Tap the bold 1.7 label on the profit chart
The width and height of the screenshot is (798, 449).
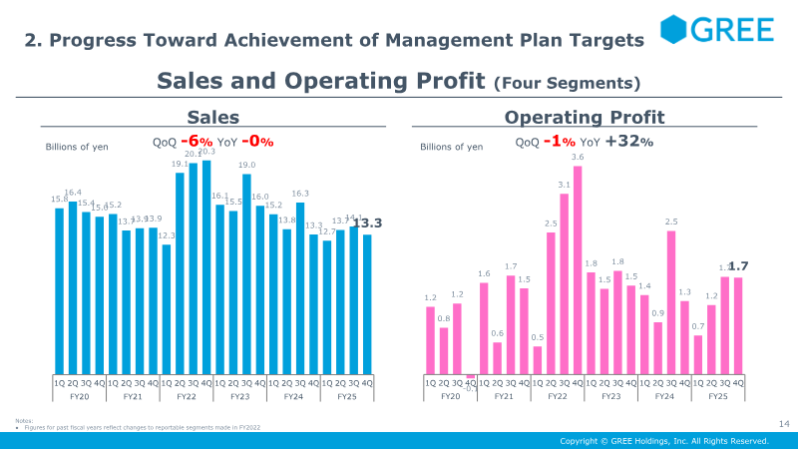click(x=739, y=266)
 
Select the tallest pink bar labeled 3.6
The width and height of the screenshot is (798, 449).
click(x=578, y=269)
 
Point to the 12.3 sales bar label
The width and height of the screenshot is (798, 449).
click(x=167, y=235)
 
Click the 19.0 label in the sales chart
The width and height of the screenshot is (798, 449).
click(x=246, y=166)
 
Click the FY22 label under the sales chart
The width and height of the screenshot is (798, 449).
click(x=187, y=397)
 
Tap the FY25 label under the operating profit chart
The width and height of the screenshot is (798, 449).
click(x=718, y=397)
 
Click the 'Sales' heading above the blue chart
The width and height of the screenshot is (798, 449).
click(x=213, y=117)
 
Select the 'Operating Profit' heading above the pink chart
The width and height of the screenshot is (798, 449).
click(x=585, y=117)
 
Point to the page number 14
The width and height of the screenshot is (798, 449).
click(x=783, y=425)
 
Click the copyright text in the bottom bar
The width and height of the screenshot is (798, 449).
click(x=664, y=440)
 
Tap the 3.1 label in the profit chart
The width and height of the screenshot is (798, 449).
click(x=565, y=185)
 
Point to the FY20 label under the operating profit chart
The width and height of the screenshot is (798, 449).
click(x=451, y=397)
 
